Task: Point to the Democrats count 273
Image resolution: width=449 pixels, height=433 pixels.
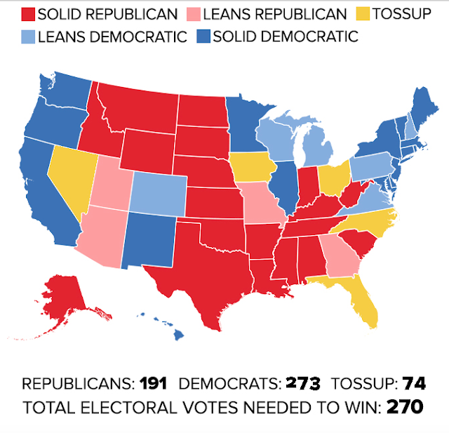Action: [x=303, y=384]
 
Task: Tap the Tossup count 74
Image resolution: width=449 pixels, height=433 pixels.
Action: [x=413, y=384]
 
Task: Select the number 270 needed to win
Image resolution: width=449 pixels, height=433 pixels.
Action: [x=405, y=407]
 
